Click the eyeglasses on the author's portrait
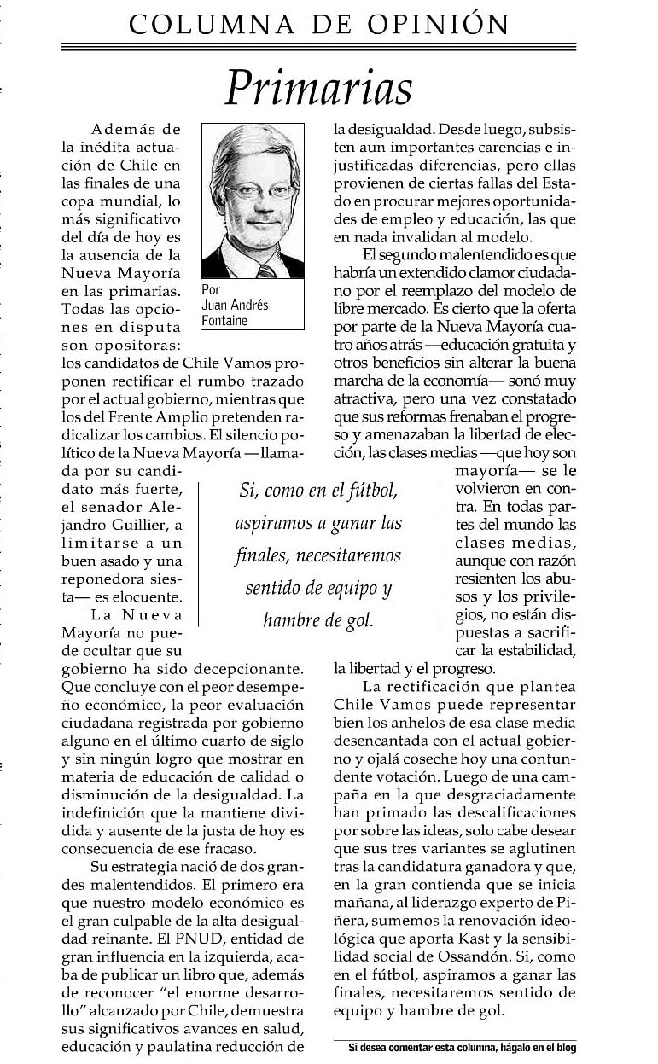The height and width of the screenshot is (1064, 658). [252, 191]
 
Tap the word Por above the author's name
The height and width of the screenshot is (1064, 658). [211, 290]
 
